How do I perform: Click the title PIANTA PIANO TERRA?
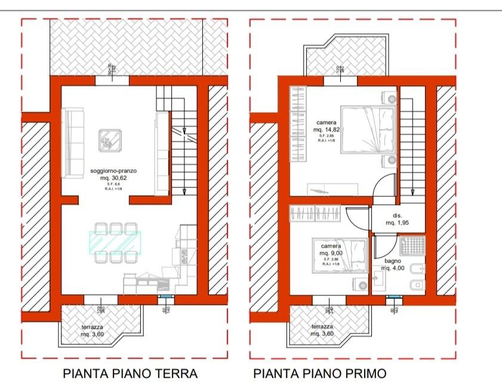[130, 374]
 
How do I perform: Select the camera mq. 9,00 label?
[331, 249]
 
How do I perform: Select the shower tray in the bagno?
[412, 247]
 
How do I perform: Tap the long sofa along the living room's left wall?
[72, 142]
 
